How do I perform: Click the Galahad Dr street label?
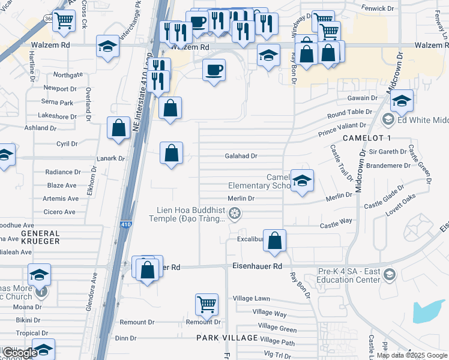[x=241, y=156]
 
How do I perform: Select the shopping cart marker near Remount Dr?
[x=206, y=304]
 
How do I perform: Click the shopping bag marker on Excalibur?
[x=274, y=241]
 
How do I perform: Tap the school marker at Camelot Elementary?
[x=302, y=180]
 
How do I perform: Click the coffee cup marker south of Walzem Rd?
[x=214, y=70]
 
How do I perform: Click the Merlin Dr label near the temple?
[x=241, y=198]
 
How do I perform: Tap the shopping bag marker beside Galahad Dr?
[x=172, y=152]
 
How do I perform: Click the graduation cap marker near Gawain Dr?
[x=402, y=100]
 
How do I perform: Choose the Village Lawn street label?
[x=252, y=298]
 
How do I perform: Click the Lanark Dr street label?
[x=110, y=159]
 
